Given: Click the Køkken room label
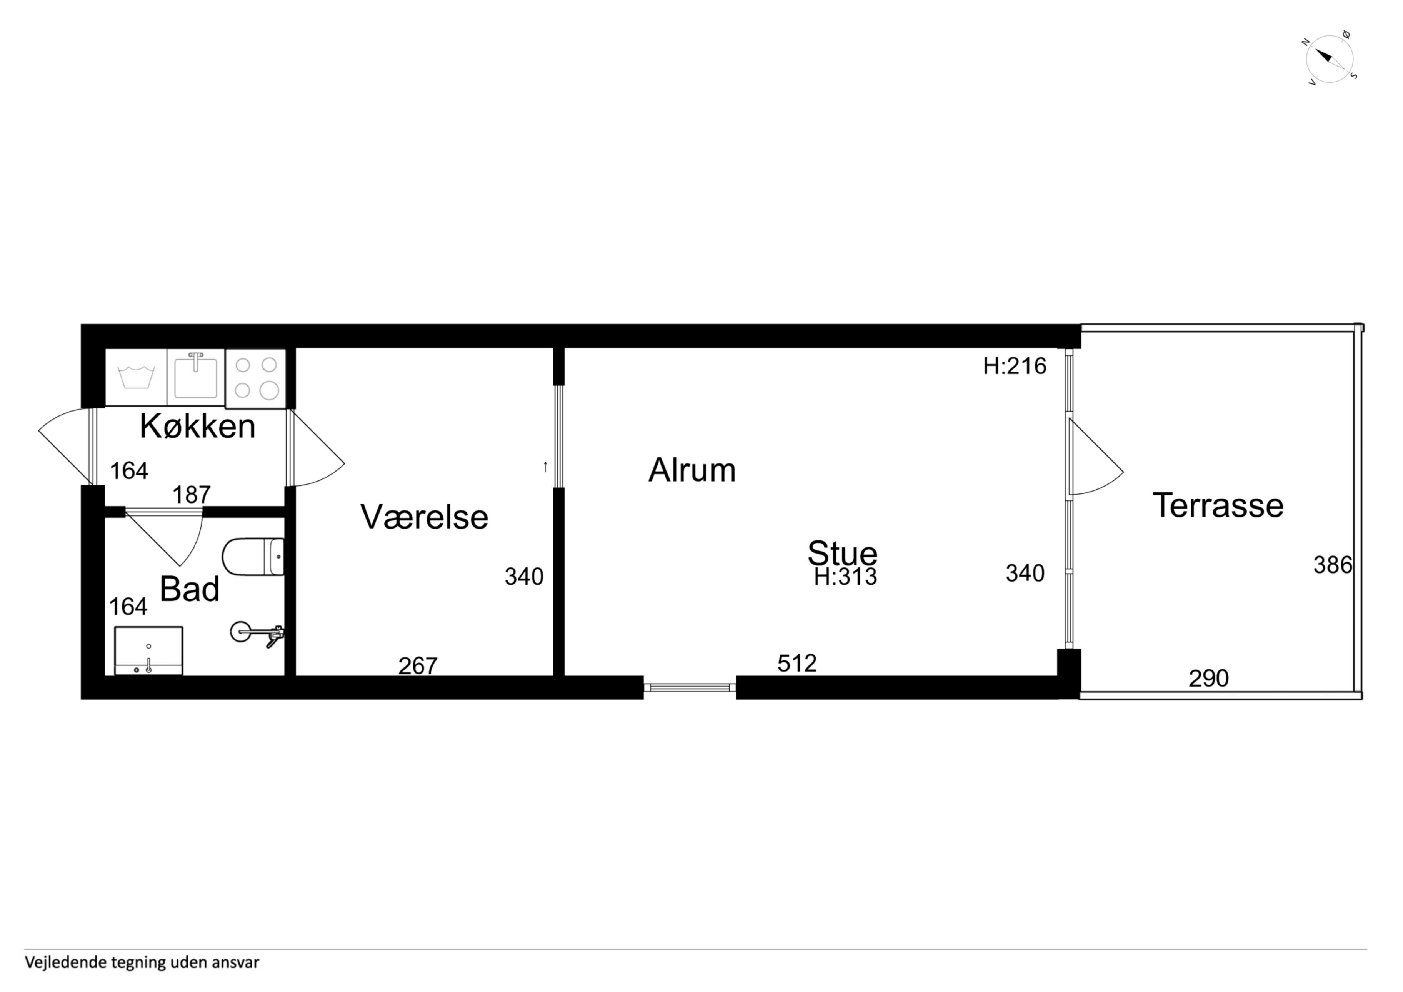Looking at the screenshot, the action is (x=197, y=426).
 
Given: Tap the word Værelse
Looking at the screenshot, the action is (x=424, y=517).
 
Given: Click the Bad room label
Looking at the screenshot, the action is (x=190, y=590).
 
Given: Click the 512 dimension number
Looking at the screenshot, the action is (x=797, y=663).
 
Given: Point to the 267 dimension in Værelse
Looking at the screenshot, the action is (x=418, y=665).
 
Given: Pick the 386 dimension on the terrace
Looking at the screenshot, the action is (x=1333, y=565).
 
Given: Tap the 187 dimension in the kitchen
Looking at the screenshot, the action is (x=191, y=495).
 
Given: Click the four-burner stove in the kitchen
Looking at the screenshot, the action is (x=255, y=378).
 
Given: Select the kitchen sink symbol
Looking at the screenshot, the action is (x=195, y=377).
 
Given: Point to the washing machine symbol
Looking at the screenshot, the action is (x=136, y=377).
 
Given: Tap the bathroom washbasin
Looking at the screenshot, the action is (x=148, y=650).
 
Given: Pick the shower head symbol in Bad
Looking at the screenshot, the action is (x=257, y=633).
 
